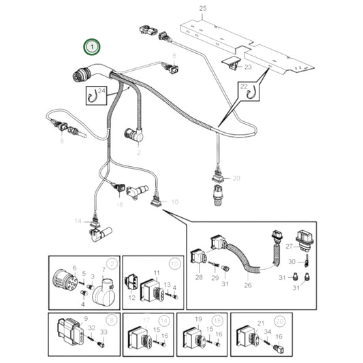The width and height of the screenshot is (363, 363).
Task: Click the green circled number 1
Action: (x=91, y=48)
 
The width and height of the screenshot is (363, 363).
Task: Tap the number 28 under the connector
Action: (x=199, y=279)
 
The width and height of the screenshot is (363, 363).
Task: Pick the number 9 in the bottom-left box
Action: (x=84, y=319)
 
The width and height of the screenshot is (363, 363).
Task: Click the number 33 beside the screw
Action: (x=104, y=332)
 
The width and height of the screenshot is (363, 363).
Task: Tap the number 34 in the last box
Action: (x=268, y=332)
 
